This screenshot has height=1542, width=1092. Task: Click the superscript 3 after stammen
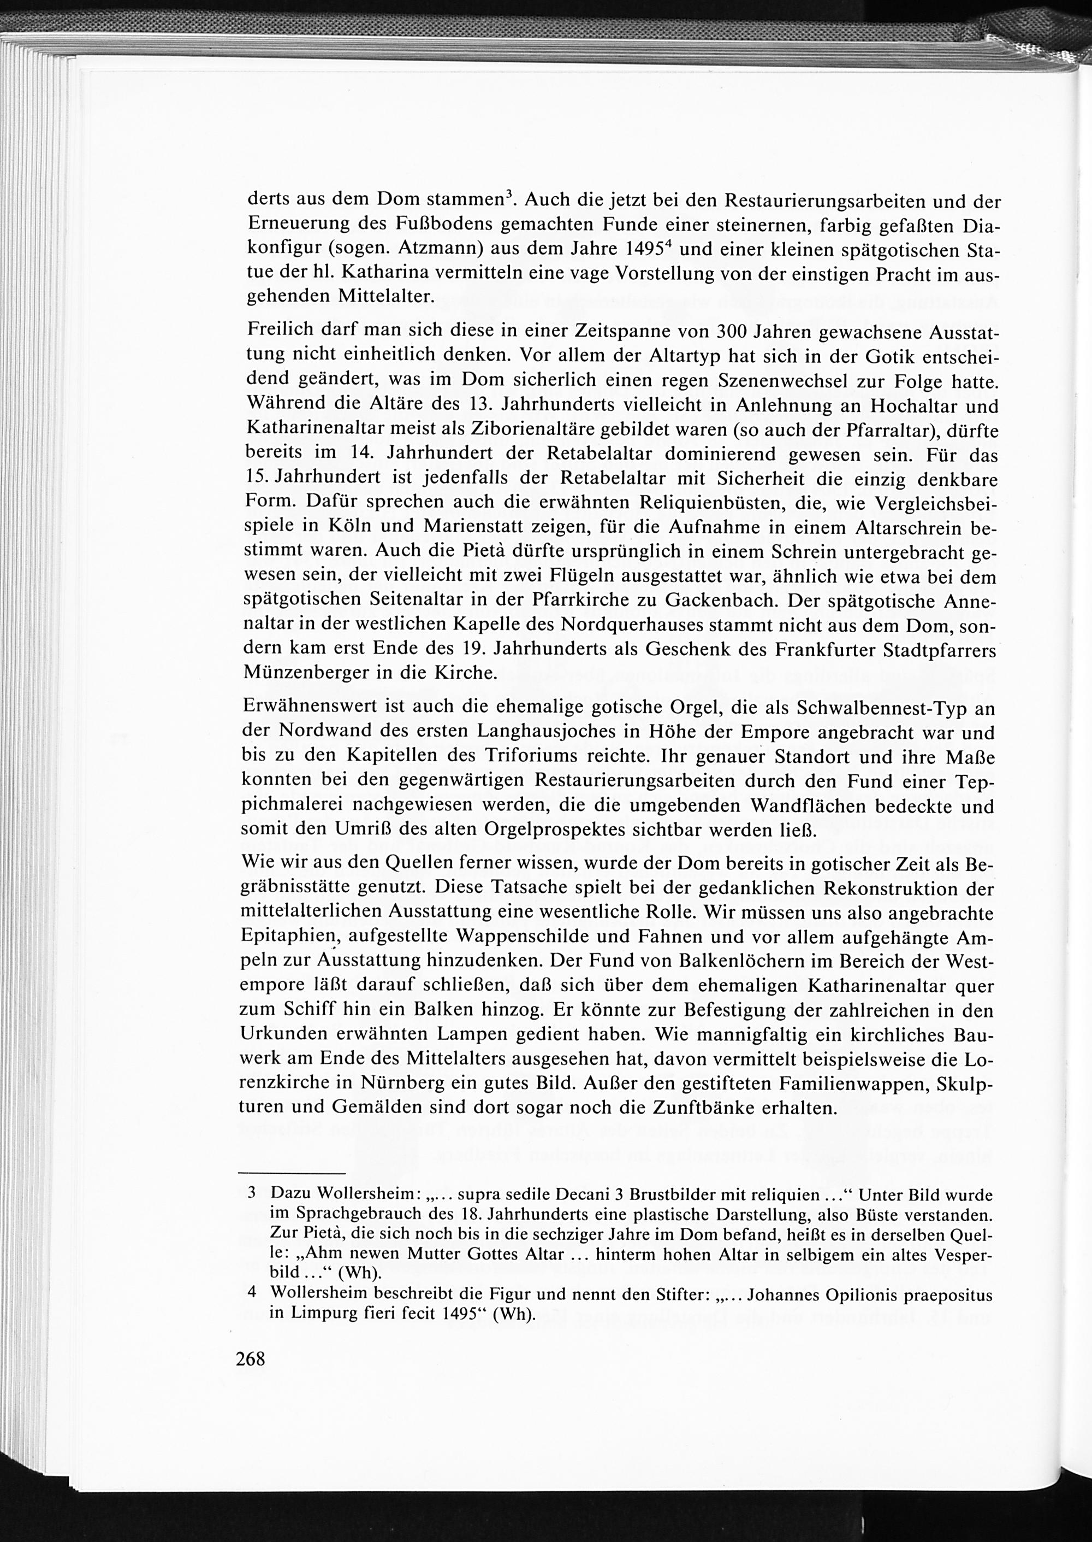click(x=509, y=195)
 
